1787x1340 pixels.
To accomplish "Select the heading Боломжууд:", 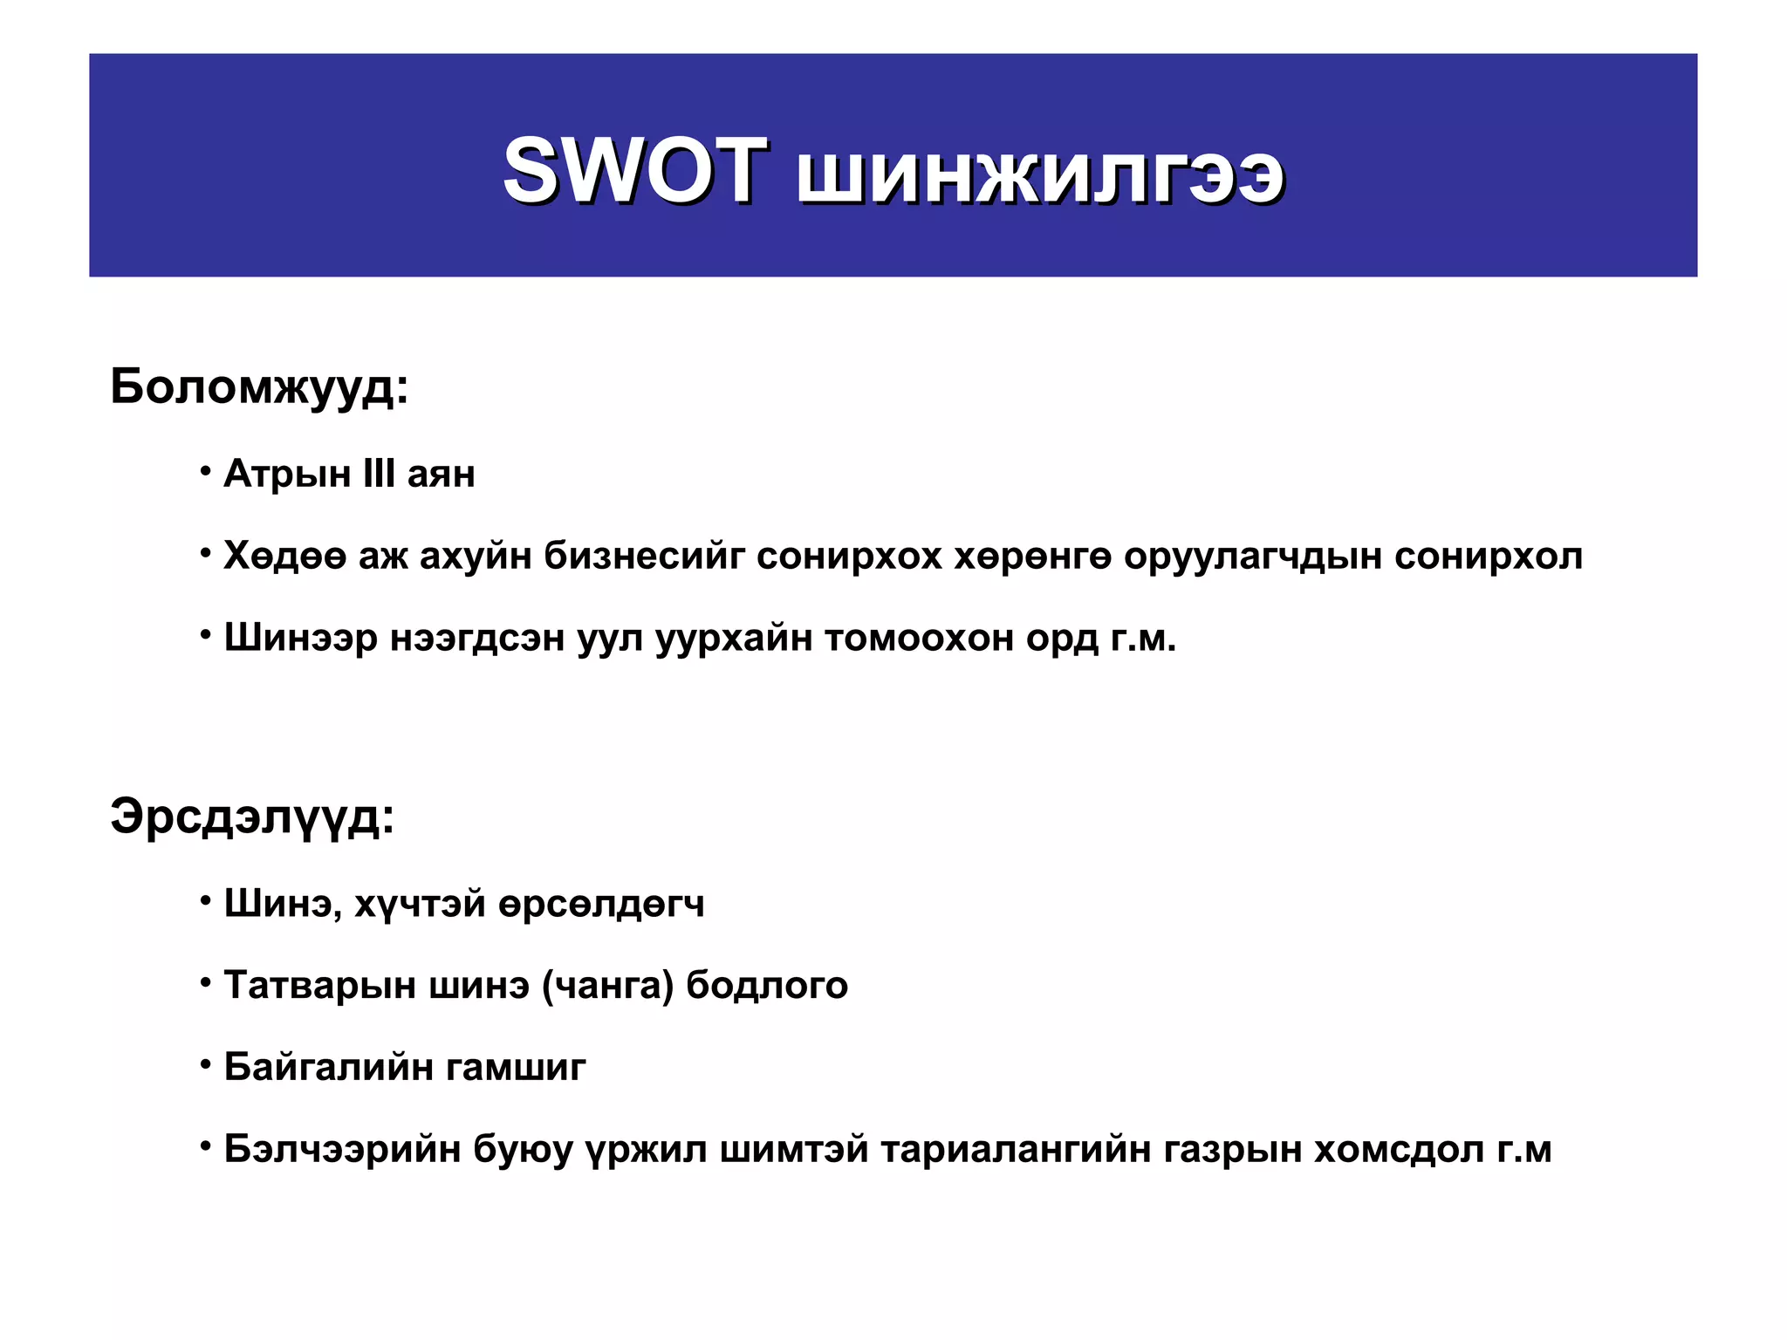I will click(259, 386).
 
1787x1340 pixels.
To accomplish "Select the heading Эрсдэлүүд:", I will click(252, 817).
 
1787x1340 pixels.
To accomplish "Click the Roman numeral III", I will click(379, 474).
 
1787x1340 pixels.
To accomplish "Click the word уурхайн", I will click(733, 639).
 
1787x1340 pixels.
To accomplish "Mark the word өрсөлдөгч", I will click(601, 904).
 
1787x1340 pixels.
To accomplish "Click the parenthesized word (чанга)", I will click(608, 986).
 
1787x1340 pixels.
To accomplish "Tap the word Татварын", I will click(314, 986).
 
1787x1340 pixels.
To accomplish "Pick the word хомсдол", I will click(1399, 1150).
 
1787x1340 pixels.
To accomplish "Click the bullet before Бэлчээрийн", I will click(206, 1145).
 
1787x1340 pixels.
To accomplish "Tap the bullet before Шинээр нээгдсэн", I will click(206, 634).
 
